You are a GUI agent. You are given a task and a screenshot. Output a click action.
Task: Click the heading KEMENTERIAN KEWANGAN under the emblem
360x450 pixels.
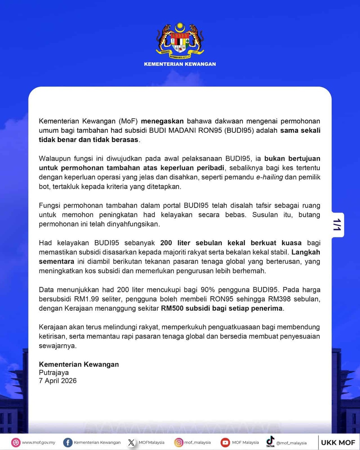(180, 64)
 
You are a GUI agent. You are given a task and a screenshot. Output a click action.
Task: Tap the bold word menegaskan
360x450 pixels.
(162, 121)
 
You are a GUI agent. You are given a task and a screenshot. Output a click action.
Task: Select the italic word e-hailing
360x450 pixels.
(269, 177)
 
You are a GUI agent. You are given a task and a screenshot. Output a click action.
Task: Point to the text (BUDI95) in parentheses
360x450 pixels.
(239, 130)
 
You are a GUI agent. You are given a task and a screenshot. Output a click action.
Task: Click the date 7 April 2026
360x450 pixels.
(58, 381)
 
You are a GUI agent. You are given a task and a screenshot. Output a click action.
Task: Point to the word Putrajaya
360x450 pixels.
(54, 372)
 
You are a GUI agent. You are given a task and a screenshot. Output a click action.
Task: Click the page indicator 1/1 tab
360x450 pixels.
(337, 225)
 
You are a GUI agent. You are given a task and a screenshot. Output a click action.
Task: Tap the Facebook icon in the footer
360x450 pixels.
(67, 442)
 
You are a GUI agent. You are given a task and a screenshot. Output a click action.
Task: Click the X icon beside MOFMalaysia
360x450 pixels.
(131, 442)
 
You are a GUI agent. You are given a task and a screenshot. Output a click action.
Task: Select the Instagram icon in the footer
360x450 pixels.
(179, 442)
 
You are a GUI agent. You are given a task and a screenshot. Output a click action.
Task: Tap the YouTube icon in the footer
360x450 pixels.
(225, 442)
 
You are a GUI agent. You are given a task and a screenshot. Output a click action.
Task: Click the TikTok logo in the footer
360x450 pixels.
(270, 441)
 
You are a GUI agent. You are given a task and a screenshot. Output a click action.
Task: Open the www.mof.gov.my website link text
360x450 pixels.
(39, 442)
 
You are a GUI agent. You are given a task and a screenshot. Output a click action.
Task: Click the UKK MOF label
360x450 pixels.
(338, 442)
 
